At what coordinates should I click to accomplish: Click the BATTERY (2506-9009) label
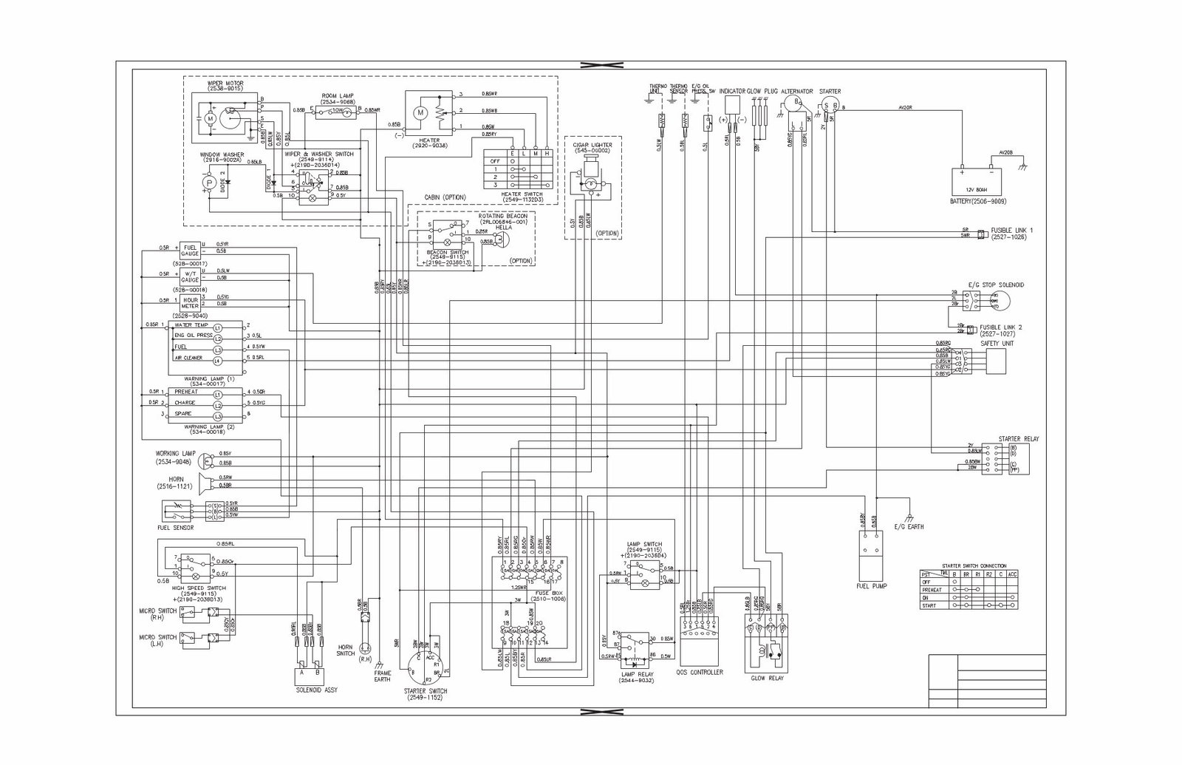[x=980, y=201]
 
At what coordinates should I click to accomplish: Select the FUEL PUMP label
[x=872, y=585]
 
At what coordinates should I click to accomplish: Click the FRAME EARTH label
[x=382, y=676]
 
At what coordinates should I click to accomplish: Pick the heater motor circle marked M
[x=420, y=112]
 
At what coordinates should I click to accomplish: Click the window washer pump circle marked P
[x=209, y=182]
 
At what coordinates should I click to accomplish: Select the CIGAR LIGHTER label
[x=592, y=145]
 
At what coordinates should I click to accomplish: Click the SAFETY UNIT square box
[x=995, y=362]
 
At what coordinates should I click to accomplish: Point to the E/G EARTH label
[x=909, y=527]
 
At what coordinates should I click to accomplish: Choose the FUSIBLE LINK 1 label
[x=1011, y=231]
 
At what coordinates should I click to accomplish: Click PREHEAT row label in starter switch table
[x=932, y=590]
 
